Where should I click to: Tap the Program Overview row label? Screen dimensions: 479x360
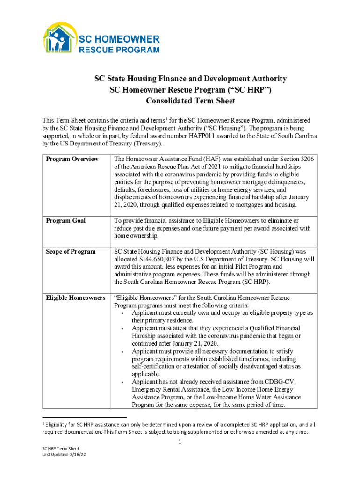[72, 159]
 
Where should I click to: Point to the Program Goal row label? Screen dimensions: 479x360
[65, 220]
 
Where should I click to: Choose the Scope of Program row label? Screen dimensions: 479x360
[71, 251]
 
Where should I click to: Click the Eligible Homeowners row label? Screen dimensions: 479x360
[75, 298]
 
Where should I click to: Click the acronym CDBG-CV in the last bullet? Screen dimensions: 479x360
[280, 382]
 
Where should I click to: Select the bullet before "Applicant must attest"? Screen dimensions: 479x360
[122, 328]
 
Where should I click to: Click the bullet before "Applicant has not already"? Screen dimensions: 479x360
[122, 382]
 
